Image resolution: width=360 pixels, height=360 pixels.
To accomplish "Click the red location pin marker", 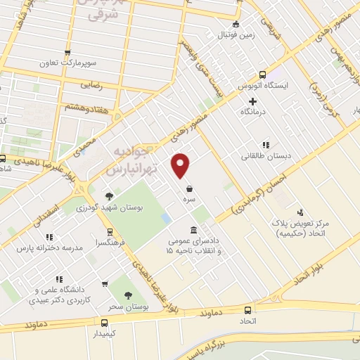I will click(x=181, y=165).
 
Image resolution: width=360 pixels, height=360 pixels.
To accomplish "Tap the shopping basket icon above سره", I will click(x=190, y=188).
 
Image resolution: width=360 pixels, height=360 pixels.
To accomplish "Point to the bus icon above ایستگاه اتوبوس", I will click(x=263, y=75).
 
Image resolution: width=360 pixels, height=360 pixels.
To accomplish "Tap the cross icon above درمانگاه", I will click(x=252, y=101).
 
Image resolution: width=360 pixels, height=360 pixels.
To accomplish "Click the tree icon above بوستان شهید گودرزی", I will click(x=108, y=197).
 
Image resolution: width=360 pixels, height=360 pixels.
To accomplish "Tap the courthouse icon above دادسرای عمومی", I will click(x=193, y=231).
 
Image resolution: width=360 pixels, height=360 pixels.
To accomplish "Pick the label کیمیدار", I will click(x=105, y=335).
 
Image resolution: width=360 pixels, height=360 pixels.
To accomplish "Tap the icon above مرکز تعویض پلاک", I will click(x=301, y=212).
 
